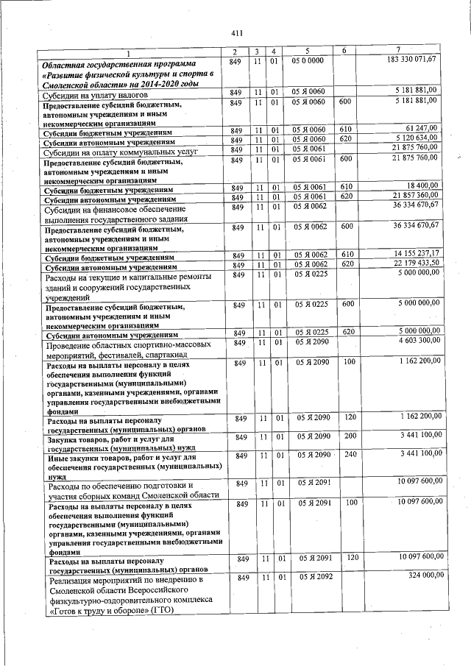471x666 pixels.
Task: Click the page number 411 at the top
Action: (x=236, y=33)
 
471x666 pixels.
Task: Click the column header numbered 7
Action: (x=398, y=50)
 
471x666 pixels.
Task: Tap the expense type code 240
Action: (x=350, y=456)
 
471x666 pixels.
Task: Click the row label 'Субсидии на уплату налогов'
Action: (x=96, y=95)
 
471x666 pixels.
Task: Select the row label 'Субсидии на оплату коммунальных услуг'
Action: (x=116, y=152)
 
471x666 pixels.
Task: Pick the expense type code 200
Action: (x=350, y=437)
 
